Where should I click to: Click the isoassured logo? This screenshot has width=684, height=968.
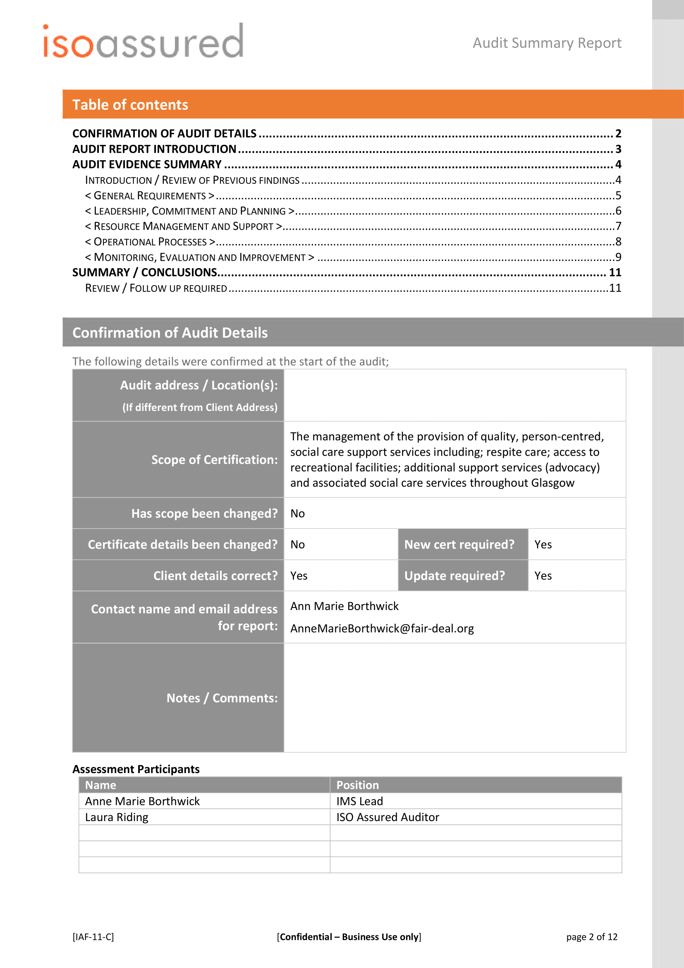[x=143, y=41]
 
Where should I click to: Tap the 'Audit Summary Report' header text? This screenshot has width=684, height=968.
[x=547, y=43]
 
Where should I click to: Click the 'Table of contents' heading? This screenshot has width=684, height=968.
[x=130, y=105]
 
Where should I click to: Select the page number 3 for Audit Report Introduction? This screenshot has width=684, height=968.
[x=618, y=149]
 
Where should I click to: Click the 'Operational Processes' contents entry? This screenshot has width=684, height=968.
[x=151, y=242]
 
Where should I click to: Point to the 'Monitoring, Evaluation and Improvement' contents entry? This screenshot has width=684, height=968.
[x=200, y=257]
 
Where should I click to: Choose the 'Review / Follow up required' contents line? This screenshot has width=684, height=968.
[x=156, y=288]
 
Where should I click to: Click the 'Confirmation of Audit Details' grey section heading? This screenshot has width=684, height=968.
[x=170, y=333]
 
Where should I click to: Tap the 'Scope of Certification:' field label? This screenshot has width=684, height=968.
[x=214, y=459]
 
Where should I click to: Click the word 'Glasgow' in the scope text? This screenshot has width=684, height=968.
[x=552, y=483]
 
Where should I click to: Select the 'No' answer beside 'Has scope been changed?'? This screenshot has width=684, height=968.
[x=297, y=514]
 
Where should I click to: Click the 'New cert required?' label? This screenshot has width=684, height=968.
[x=459, y=545]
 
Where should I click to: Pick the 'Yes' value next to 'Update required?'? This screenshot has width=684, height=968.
[x=543, y=576]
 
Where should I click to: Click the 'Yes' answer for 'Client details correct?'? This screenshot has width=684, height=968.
[x=299, y=576]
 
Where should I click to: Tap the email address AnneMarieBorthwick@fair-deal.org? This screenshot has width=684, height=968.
[x=382, y=629]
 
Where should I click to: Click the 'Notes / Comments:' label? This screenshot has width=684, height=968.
[x=222, y=698]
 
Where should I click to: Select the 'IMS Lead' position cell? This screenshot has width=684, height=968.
[x=359, y=801]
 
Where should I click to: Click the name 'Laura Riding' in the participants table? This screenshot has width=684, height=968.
[x=117, y=817]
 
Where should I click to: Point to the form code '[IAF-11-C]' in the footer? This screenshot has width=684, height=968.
[x=93, y=937]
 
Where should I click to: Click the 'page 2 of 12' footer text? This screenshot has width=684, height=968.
[x=591, y=937]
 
